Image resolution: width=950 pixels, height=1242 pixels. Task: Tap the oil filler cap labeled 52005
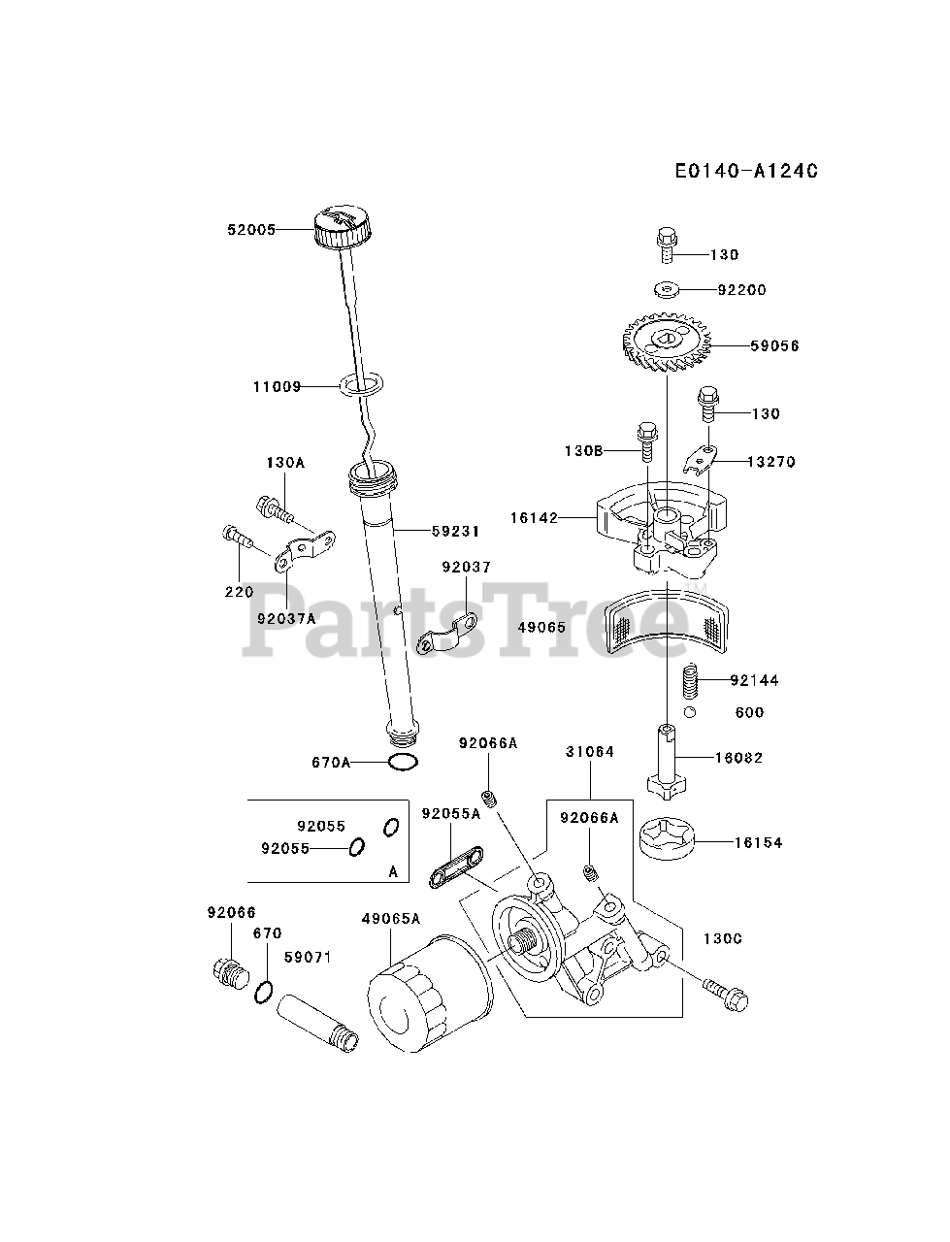point(342,230)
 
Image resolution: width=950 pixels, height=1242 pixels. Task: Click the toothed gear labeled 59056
point(668,343)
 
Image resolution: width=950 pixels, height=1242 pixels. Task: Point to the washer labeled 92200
point(666,288)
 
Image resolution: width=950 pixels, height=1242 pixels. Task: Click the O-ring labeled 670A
point(403,763)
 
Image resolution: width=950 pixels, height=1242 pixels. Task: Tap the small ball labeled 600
point(689,713)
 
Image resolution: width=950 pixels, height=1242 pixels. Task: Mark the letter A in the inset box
point(393,871)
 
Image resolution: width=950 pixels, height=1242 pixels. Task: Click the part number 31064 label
point(590,752)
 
